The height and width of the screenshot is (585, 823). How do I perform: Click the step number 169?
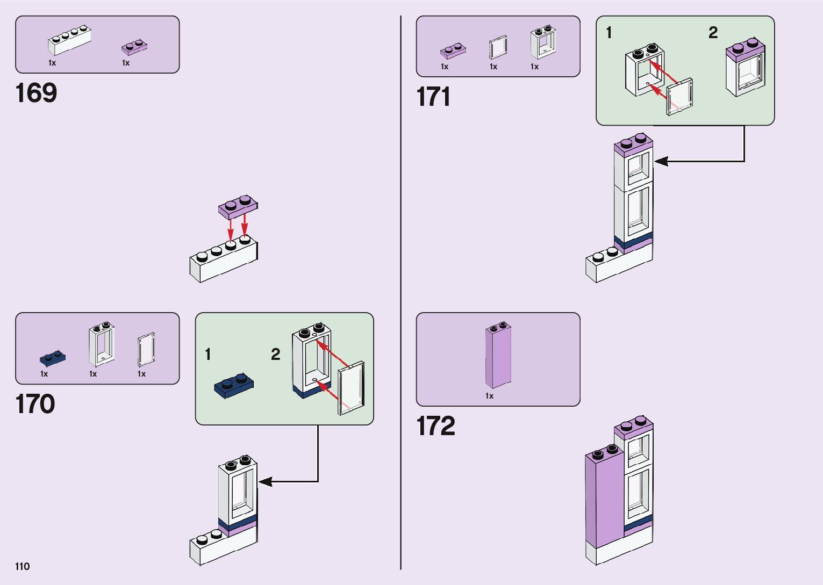(36, 92)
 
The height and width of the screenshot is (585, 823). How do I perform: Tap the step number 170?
(35, 404)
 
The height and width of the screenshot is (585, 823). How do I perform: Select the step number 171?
(433, 97)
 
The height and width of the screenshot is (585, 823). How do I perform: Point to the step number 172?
(436, 426)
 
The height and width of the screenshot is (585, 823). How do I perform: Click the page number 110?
(23, 566)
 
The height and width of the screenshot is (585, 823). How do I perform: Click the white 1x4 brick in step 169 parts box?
(69, 40)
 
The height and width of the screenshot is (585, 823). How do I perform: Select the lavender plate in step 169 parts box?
(134, 47)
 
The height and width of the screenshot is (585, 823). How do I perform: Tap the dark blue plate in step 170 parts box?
(53, 358)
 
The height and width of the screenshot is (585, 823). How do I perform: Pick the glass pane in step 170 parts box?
(146, 350)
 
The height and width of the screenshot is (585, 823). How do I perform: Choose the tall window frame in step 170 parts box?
(102, 344)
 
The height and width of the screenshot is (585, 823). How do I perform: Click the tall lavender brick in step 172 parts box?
(498, 355)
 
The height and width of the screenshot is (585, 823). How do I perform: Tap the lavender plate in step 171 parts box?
(453, 50)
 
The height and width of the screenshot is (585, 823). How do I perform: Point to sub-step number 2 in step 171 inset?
(713, 33)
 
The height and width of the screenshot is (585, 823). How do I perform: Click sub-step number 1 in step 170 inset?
(208, 355)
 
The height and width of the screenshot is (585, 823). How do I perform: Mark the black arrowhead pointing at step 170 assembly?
(265, 481)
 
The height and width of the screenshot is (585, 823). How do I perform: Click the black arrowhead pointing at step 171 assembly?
(661, 161)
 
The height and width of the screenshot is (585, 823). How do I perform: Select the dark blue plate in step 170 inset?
(234, 386)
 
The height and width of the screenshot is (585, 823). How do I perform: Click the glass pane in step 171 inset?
(679, 97)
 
